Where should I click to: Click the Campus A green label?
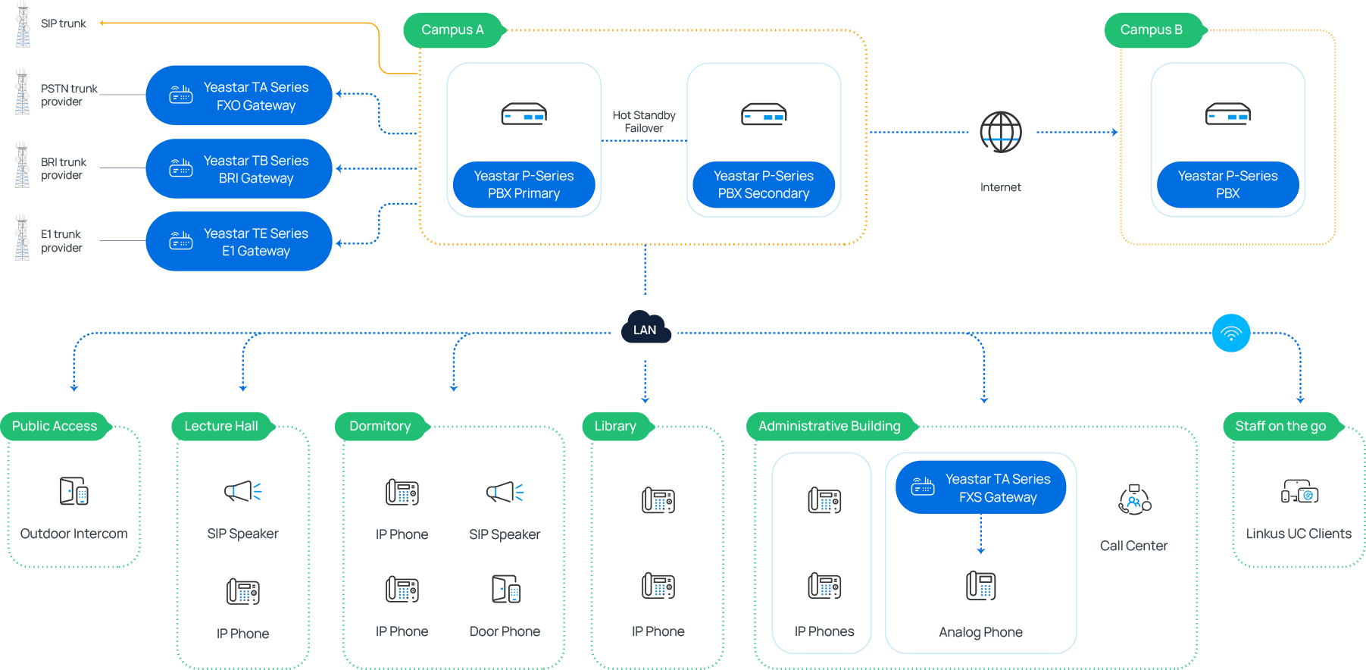click(x=452, y=30)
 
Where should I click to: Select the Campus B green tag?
click(x=1152, y=30)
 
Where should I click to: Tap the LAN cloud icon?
click(x=645, y=328)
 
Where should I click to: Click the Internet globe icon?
click(x=1000, y=132)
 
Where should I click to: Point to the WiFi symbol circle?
click(x=1230, y=333)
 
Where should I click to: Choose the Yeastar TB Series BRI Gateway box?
click(x=239, y=169)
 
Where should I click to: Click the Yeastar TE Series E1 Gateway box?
click(x=239, y=242)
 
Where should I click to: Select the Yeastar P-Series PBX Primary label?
click(x=524, y=184)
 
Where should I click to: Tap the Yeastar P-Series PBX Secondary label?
click(x=764, y=184)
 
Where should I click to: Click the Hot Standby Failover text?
click(x=644, y=122)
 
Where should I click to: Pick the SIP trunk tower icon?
click(x=23, y=24)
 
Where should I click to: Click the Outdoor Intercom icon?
click(x=74, y=491)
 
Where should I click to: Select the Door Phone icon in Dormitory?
click(x=505, y=589)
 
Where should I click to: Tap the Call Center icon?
click(x=1133, y=500)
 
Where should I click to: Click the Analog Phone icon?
click(x=980, y=585)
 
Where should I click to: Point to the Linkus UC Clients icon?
click(x=1299, y=491)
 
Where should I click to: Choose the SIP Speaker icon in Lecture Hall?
click(x=242, y=491)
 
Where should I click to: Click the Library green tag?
click(x=615, y=426)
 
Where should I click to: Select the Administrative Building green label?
click(x=830, y=426)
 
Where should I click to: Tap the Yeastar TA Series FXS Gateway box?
click(x=980, y=488)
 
